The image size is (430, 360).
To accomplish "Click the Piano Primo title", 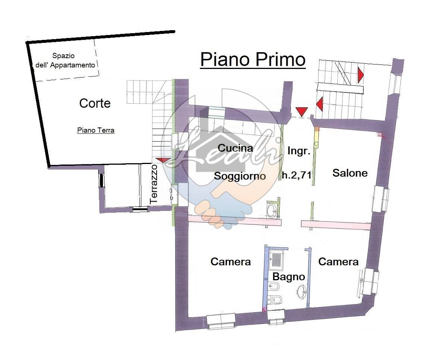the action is [x=252, y=60].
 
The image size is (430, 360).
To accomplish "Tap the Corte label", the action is [x=95, y=103].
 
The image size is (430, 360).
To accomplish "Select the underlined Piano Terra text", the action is [x=96, y=130].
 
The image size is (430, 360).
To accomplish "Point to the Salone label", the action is [x=350, y=173].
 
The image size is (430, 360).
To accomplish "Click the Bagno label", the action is [x=289, y=277].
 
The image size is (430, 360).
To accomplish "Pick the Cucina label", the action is [x=235, y=148].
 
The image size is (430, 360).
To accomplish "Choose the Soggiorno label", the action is [x=240, y=176].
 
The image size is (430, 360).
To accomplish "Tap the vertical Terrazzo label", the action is [x=154, y=184].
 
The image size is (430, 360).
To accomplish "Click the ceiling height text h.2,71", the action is [x=297, y=175].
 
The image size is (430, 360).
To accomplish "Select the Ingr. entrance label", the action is [x=299, y=151].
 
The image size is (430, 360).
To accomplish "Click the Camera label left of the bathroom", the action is [x=230, y=262].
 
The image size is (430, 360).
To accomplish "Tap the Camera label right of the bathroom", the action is [x=338, y=262].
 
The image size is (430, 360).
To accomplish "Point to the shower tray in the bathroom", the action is [x=276, y=258].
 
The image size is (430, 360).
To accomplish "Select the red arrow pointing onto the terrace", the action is [x=163, y=161].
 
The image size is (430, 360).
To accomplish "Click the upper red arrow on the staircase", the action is [x=361, y=75].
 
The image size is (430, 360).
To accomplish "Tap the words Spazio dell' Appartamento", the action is [x=65, y=60].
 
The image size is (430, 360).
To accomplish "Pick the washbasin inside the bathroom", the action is [x=302, y=291].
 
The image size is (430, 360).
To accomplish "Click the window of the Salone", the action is [x=381, y=199].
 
